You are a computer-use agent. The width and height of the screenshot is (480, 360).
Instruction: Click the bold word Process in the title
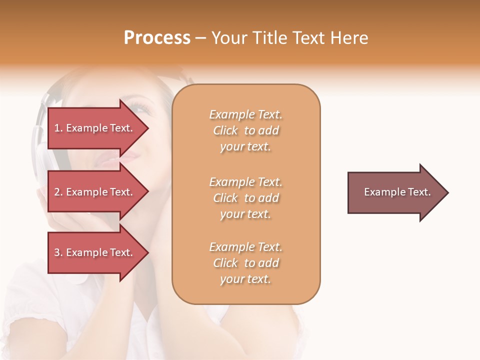tap(157, 38)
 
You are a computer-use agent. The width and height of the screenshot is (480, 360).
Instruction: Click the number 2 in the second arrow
tap(57, 192)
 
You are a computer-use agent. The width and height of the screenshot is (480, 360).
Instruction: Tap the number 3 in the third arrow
tap(57, 252)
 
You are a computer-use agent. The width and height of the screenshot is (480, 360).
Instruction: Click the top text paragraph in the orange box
tap(245, 130)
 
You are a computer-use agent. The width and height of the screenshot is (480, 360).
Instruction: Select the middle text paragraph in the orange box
tap(245, 198)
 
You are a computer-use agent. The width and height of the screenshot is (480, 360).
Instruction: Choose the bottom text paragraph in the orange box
tap(245, 263)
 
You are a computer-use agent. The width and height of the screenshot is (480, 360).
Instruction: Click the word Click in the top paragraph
tap(225, 130)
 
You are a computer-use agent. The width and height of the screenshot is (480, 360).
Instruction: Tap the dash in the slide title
tap(200, 38)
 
